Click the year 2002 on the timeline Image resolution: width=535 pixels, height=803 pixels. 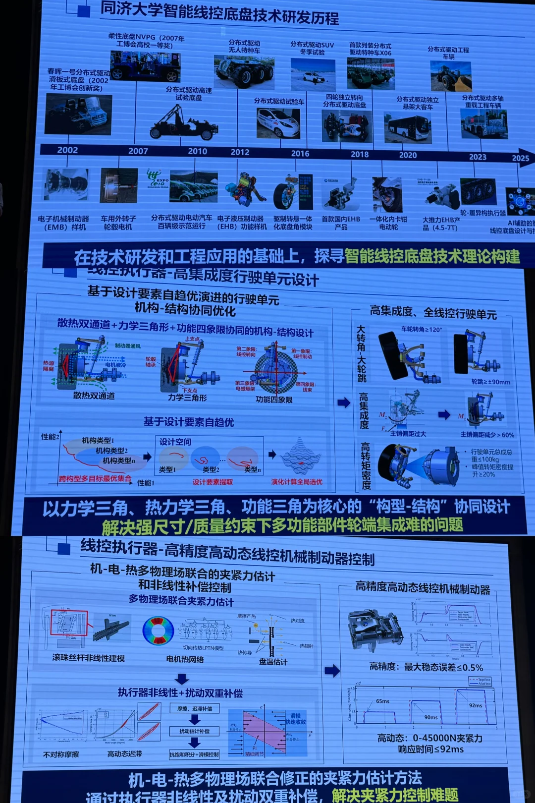pos(67,150)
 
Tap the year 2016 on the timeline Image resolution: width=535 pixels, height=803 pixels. pos(300,153)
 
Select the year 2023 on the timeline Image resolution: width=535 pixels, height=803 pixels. pos(478,157)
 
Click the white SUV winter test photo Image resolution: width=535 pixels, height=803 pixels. pos(313,75)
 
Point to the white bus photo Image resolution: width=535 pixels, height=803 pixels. pos(408,127)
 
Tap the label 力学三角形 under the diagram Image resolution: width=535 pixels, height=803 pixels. pos(187,397)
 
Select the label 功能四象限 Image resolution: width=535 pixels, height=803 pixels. pos(274,400)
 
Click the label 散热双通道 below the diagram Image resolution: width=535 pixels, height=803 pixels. pos(94,396)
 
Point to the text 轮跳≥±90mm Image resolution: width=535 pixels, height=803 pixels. pos(490,382)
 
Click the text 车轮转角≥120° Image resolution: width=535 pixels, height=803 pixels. pos(422,329)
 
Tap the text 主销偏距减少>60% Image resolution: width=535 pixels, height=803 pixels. pos(487,435)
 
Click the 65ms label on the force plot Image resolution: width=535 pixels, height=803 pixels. pos(382,701)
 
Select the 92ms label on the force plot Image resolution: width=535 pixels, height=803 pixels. pos(475,705)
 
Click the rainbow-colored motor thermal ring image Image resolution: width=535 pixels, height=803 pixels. pos(158,631)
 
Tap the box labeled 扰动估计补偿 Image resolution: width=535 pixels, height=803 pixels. pos(194,731)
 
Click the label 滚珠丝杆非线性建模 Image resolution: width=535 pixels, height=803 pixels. pos(88,658)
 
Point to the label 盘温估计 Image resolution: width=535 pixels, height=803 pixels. pos(273,661)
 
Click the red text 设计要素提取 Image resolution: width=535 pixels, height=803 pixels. pos(213,482)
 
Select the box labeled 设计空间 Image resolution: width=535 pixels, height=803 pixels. pos(175,442)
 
